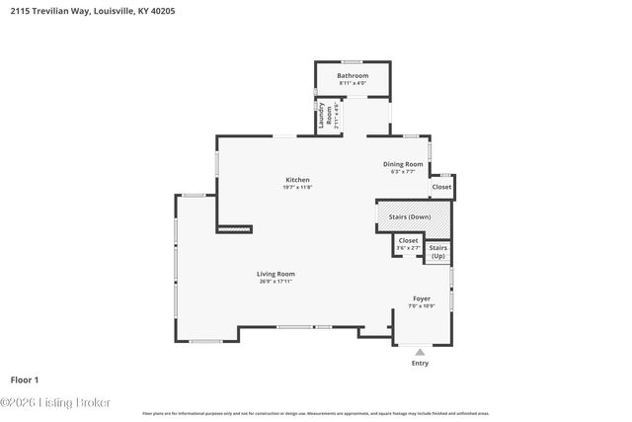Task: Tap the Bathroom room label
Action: (x=353, y=76)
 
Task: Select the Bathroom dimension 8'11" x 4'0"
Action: (x=353, y=83)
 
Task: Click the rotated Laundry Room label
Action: (x=323, y=116)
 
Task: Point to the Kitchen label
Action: (x=297, y=180)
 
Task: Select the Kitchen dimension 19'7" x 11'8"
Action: (x=297, y=187)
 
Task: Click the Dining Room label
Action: (x=403, y=164)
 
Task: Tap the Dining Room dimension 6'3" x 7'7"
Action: (x=403, y=171)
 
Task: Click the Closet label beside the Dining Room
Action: (x=441, y=187)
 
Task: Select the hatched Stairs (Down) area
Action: (x=414, y=215)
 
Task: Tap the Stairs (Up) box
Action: (x=438, y=252)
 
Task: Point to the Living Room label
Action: (x=276, y=274)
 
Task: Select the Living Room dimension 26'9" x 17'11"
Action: (x=276, y=282)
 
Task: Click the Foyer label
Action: (x=422, y=297)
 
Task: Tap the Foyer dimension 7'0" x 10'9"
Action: (x=422, y=305)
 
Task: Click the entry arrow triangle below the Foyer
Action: (x=421, y=351)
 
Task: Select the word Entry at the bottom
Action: (x=421, y=363)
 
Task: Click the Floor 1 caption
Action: (x=25, y=379)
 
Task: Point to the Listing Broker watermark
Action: (x=56, y=402)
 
